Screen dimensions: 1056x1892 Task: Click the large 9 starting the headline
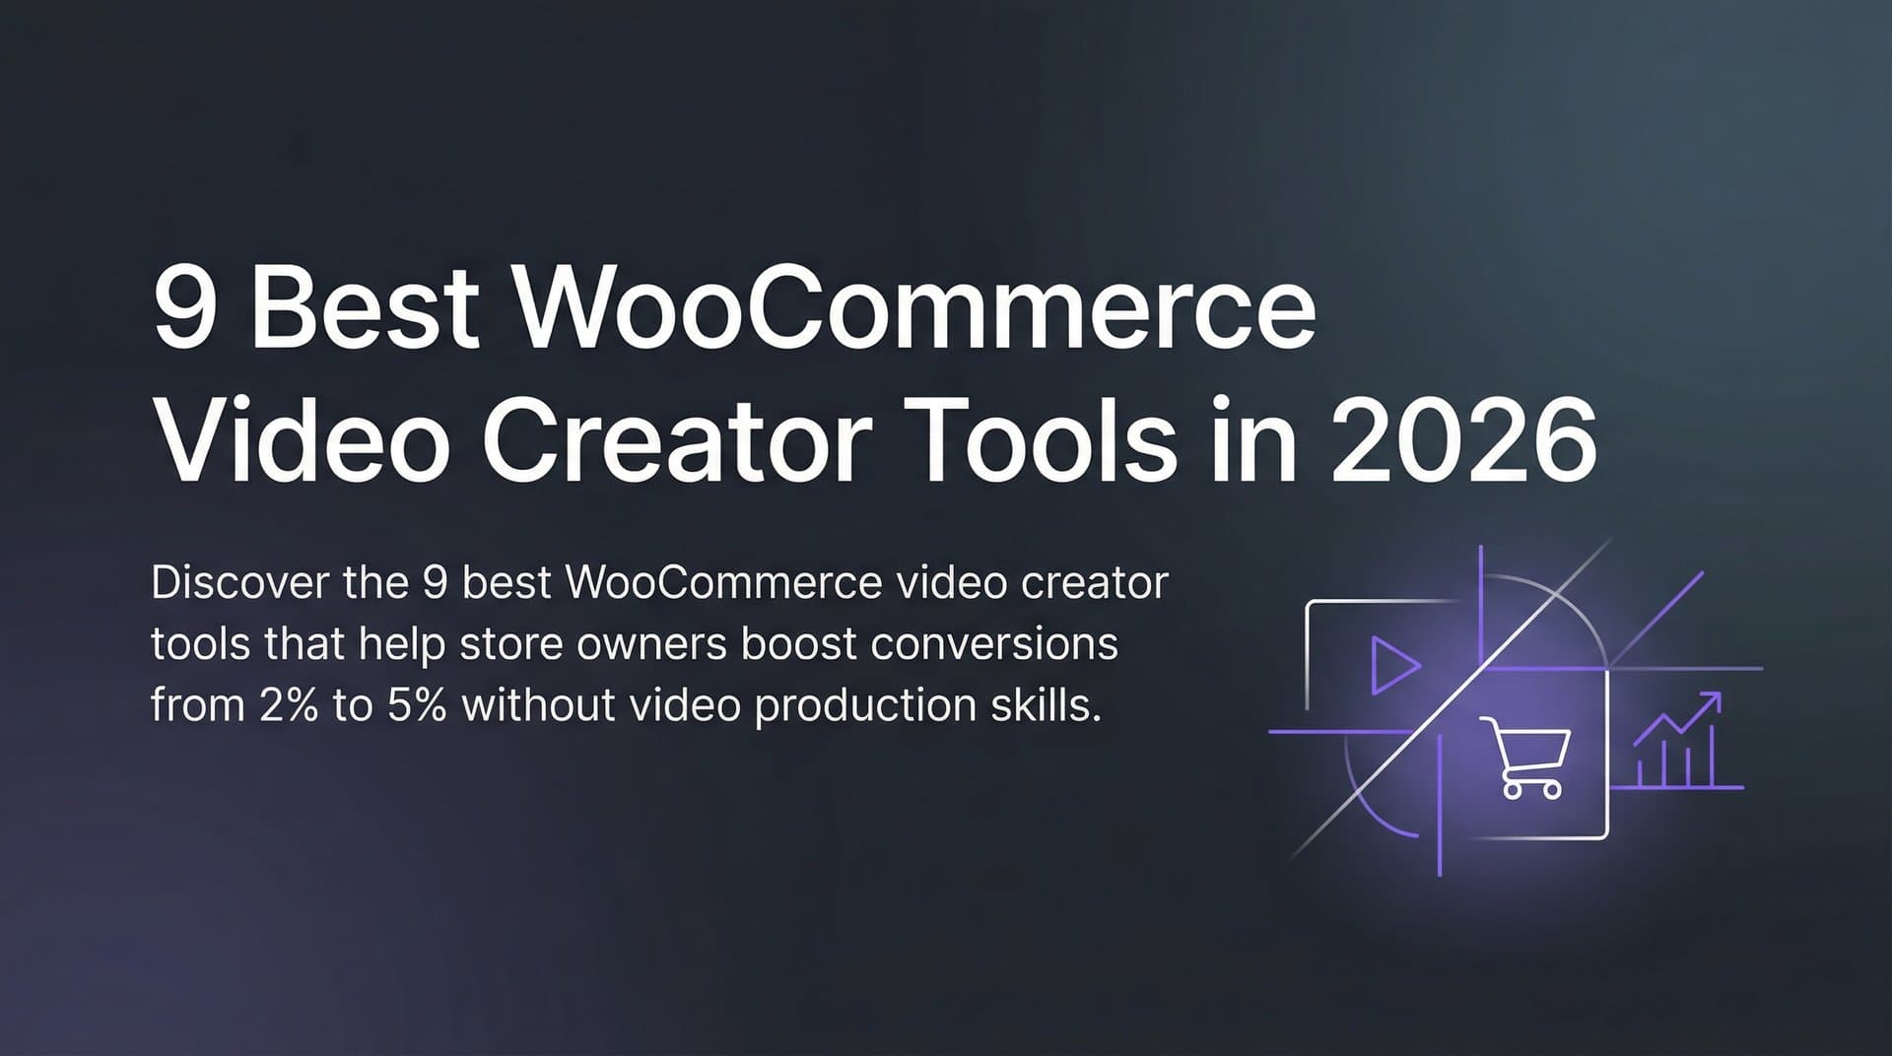[184, 310]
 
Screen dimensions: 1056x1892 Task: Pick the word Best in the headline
[365, 310]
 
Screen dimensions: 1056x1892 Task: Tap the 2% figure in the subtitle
[289, 705]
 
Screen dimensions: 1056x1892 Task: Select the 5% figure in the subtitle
[417, 705]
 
